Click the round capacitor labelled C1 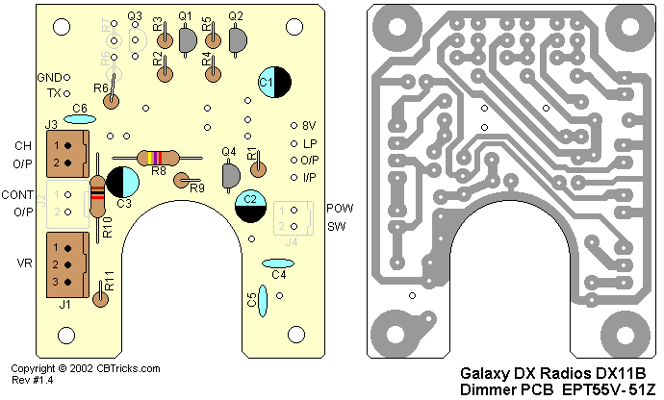coord(273,84)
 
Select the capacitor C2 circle coord(251,206)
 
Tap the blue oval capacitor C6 coord(80,119)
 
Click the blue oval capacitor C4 coord(278,262)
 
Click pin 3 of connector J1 coord(57,281)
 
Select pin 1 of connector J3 coord(57,145)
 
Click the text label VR coord(23,262)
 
